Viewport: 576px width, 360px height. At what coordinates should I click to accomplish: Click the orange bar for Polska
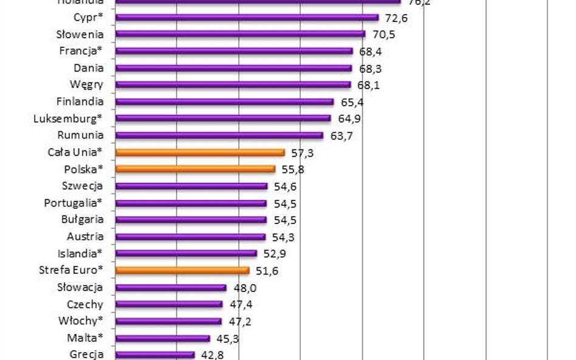tap(194, 169)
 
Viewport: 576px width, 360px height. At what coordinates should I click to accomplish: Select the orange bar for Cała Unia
tap(199, 152)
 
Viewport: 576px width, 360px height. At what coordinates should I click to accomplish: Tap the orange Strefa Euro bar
tap(182, 270)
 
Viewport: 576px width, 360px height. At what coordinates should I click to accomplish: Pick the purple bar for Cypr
tap(246, 18)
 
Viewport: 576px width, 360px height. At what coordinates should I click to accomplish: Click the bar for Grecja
tap(154, 355)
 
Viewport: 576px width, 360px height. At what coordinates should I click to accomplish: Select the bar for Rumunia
tap(219, 135)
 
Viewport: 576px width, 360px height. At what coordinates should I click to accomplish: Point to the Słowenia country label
tap(80, 35)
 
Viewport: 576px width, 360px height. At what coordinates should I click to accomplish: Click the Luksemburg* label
tap(69, 118)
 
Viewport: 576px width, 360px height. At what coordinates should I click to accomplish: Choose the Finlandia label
tap(80, 101)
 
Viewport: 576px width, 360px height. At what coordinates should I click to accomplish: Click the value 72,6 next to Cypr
tap(396, 18)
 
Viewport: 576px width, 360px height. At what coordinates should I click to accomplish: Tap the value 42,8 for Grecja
tap(212, 355)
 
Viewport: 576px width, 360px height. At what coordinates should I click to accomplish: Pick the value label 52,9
tap(275, 254)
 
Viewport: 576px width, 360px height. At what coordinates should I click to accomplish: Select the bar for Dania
tap(233, 68)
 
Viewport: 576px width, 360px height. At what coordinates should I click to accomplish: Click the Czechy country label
tap(85, 304)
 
